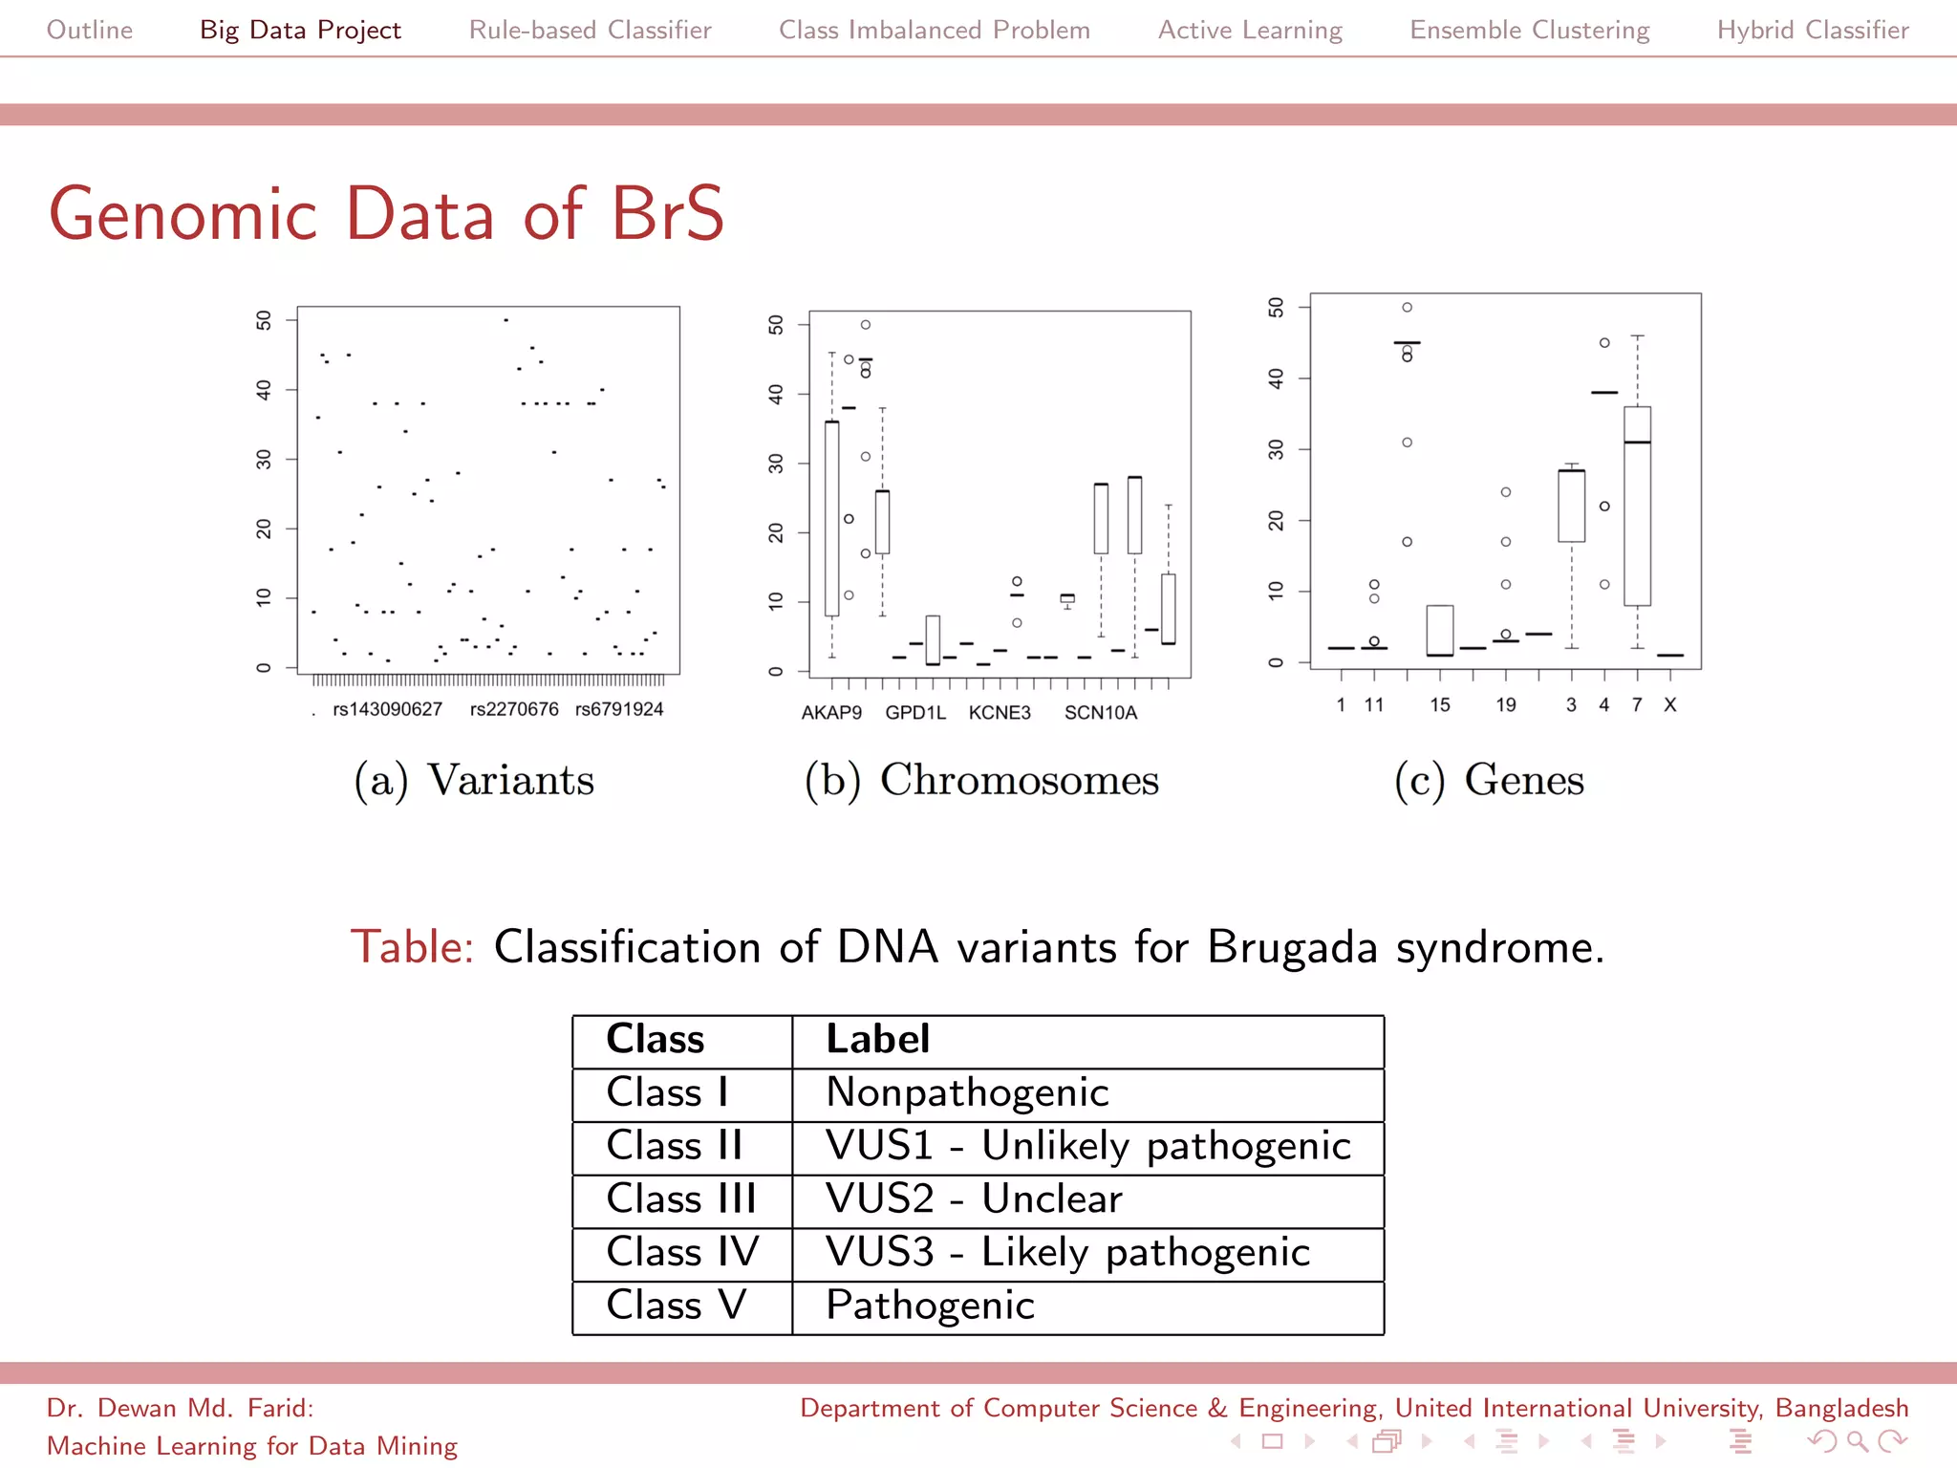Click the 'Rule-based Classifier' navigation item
[x=590, y=30]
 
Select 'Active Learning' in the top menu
[x=1250, y=30]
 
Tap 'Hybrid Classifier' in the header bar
[x=1813, y=30]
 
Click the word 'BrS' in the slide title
[x=668, y=214]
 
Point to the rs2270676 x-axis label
[x=514, y=709]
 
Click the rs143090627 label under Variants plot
[x=387, y=709]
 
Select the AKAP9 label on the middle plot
[x=831, y=713]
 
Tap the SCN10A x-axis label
[x=1101, y=713]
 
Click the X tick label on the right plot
[x=1669, y=705]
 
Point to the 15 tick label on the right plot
[x=1440, y=705]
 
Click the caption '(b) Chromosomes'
[x=981, y=780]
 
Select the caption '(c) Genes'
[x=1489, y=780]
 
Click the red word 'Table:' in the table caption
[x=412, y=947]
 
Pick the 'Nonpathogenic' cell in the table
[x=967, y=1092]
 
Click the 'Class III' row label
[x=680, y=1198]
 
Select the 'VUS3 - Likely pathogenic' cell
[x=1067, y=1252]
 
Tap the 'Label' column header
[x=877, y=1039]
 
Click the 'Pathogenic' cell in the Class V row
[x=930, y=1306]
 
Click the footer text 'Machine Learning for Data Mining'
[x=252, y=1446]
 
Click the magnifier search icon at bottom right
[x=1857, y=1441]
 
